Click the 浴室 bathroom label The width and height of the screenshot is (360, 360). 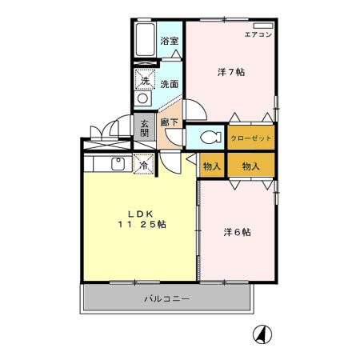pos(168,41)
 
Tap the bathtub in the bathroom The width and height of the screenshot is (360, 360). pos(145,41)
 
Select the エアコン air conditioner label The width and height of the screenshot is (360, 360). pos(258,34)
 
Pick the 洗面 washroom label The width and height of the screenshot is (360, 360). pos(168,83)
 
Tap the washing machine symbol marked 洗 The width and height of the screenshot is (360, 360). pos(145,80)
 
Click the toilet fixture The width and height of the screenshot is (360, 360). pos(210,137)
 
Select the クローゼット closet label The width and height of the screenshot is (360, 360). pos(251,138)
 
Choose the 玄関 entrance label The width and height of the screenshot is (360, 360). pos(145,128)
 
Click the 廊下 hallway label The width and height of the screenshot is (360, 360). pos(169,123)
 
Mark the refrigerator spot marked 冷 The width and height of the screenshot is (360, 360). pos(144,166)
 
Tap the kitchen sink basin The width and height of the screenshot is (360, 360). pos(118,165)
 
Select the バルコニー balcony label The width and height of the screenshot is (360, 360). pos(166,299)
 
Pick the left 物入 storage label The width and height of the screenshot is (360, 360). pos(211,166)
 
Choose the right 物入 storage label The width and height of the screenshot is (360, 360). pos(251,166)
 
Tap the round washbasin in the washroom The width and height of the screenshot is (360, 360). pos(144,98)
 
